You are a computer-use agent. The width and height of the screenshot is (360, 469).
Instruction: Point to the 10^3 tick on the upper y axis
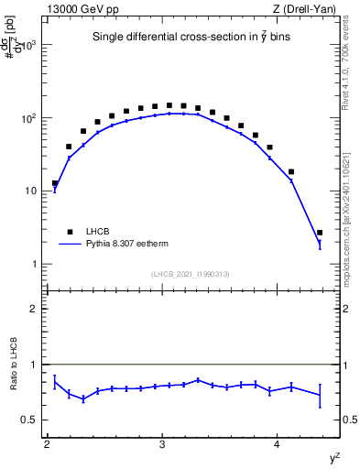[x=31, y=45]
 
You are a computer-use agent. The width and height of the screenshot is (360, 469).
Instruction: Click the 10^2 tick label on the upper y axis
[x=31, y=118]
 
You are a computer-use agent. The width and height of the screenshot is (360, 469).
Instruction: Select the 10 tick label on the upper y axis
[x=34, y=191]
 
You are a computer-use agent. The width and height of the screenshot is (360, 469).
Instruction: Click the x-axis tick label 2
[x=47, y=444]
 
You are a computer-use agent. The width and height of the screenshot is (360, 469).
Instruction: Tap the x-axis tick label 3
[x=162, y=444]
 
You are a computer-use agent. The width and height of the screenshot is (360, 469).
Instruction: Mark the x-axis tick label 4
[x=278, y=444]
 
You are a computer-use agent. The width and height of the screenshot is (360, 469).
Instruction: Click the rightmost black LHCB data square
[x=320, y=233]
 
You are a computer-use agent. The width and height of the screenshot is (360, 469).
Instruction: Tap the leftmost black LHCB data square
[x=55, y=183]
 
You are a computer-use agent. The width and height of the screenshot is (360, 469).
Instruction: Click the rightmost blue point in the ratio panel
[x=320, y=395]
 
